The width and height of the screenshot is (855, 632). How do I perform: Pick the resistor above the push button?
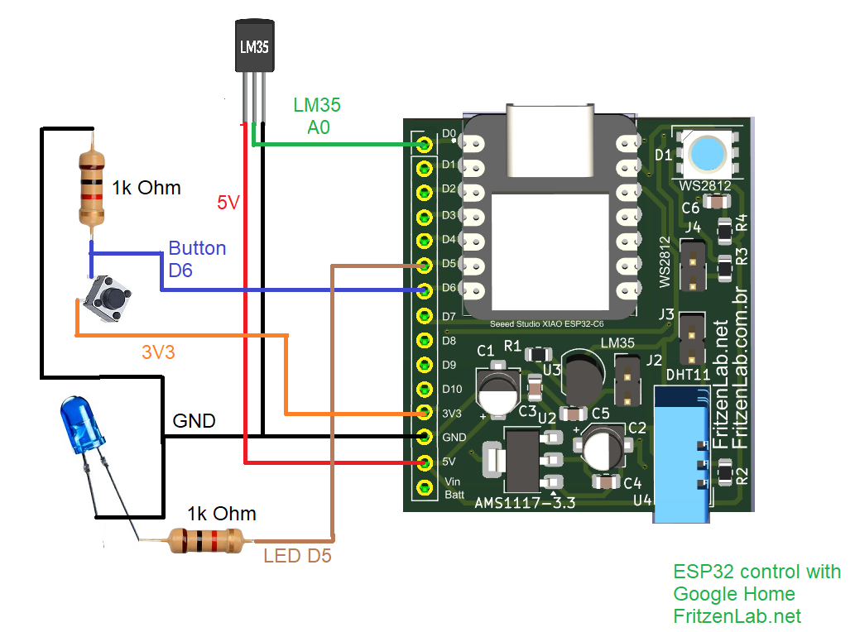[92, 188]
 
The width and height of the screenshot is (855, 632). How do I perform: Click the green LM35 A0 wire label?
[317, 116]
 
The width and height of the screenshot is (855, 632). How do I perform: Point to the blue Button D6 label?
[196, 258]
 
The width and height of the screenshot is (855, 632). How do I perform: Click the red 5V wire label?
[228, 202]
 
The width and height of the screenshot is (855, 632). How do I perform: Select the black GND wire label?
[194, 421]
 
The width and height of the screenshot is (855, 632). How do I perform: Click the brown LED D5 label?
[297, 556]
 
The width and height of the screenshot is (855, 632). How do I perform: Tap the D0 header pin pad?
[425, 145]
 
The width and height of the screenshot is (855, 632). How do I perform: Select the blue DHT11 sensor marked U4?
[682, 455]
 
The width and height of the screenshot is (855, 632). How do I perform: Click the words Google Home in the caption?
[733, 594]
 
